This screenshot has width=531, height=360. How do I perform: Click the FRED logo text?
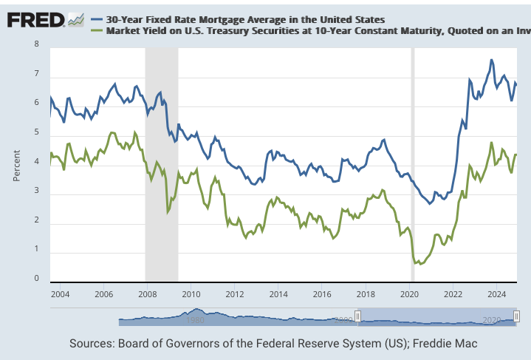pyautogui.click(x=35, y=19)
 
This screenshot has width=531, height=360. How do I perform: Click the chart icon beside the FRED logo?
pyautogui.click(x=76, y=20)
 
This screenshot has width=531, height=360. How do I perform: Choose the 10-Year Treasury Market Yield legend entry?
pyautogui.click(x=310, y=30)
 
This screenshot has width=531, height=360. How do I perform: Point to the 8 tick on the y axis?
pyautogui.click(x=36, y=44)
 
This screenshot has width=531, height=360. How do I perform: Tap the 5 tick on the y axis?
pyautogui.click(x=36, y=133)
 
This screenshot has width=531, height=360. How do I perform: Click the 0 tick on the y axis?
pyautogui.click(x=36, y=279)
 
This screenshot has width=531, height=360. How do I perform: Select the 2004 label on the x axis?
pyautogui.click(x=60, y=293)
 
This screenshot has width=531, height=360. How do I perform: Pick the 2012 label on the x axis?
pyautogui.click(x=235, y=293)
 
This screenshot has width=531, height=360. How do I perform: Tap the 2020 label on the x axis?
pyautogui.click(x=410, y=293)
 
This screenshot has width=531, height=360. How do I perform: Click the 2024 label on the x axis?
pyautogui.click(x=497, y=293)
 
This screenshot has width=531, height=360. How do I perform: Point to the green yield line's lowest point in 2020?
pyautogui.click(x=421, y=264)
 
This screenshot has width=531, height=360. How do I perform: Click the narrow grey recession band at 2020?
pyautogui.click(x=412, y=163)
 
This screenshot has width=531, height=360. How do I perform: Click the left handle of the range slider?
pyautogui.click(x=357, y=316)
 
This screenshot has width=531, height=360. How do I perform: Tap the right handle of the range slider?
pyautogui.click(x=517, y=316)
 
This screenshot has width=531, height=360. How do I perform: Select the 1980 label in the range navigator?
pyautogui.click(x=195, y=321)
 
